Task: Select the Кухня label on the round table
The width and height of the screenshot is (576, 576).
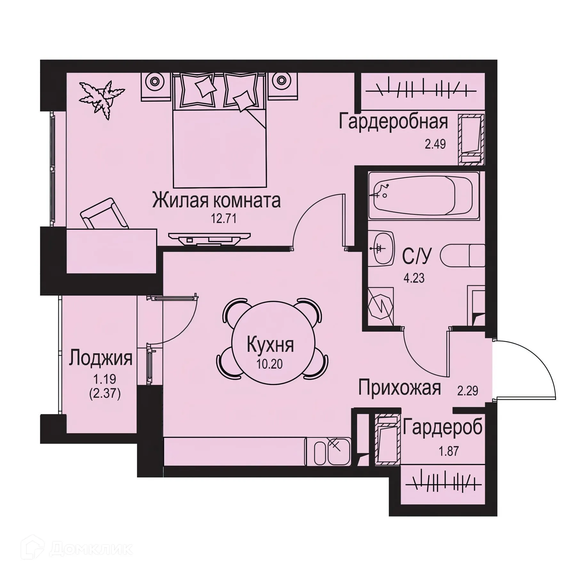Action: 270,346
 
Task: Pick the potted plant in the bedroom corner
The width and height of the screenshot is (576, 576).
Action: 101,98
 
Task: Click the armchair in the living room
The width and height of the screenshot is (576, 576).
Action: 104,214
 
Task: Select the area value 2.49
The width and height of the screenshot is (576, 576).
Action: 435,144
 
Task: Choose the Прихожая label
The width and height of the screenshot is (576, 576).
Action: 399,388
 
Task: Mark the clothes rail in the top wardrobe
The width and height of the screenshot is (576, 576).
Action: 421,91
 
